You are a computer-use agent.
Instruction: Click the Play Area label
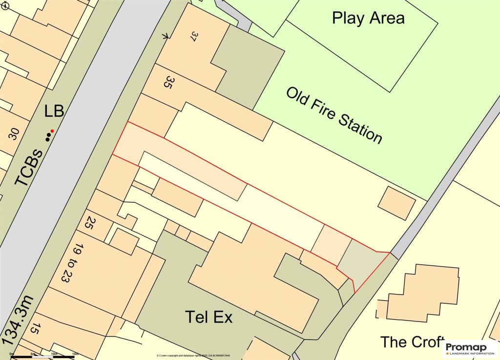pos(368,18)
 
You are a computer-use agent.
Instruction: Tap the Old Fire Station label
pos(334,115)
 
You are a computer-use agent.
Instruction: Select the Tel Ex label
pos(208,317)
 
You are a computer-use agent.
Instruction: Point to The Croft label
pos(413,341)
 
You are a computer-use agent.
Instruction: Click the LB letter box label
pos(54,111)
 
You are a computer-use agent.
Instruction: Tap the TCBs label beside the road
pos(28,167)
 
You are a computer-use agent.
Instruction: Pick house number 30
pos(14,133)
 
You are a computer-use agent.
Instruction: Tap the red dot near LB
pos(52,131)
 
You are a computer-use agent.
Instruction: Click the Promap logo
pos(469,349)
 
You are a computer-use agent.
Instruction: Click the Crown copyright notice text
pos(193,356)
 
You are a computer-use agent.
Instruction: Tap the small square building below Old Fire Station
pos(397,202)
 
